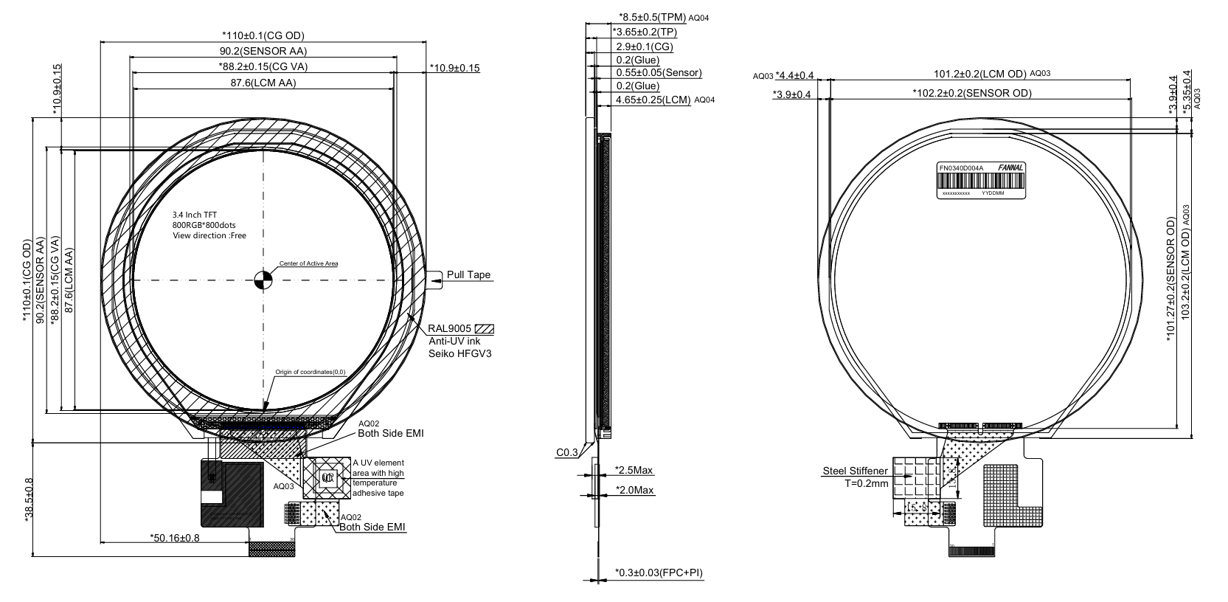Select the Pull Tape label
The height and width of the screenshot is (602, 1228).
click(x=468, y=275)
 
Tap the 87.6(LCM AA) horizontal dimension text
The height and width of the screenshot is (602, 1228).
click(x=263, y=83)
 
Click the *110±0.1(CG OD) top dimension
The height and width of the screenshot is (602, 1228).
click(x=263, y=35)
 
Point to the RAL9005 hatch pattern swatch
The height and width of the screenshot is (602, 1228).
click(x=485, y=329)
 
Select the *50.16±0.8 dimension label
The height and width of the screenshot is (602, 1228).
click(x=175, y=537)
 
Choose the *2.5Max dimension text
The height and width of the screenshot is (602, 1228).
click(x=634, y=470)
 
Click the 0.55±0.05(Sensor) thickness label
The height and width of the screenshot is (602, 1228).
click(x=659, y=72)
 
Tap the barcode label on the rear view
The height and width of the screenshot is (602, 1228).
click(x=981, y=181)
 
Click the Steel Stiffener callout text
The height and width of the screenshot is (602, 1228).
click(x=855, y=471)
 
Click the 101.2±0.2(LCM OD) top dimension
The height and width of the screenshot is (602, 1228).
click(x=979, y=74)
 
